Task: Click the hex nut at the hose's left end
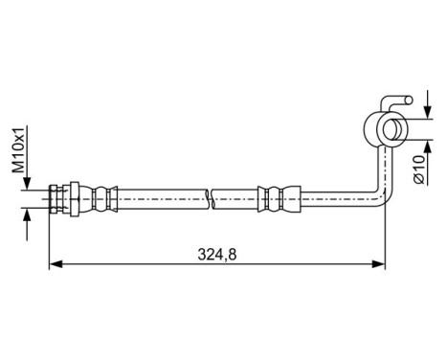point(64,199)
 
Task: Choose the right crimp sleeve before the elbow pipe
point(274,199)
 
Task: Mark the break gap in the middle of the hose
point(211,199)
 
